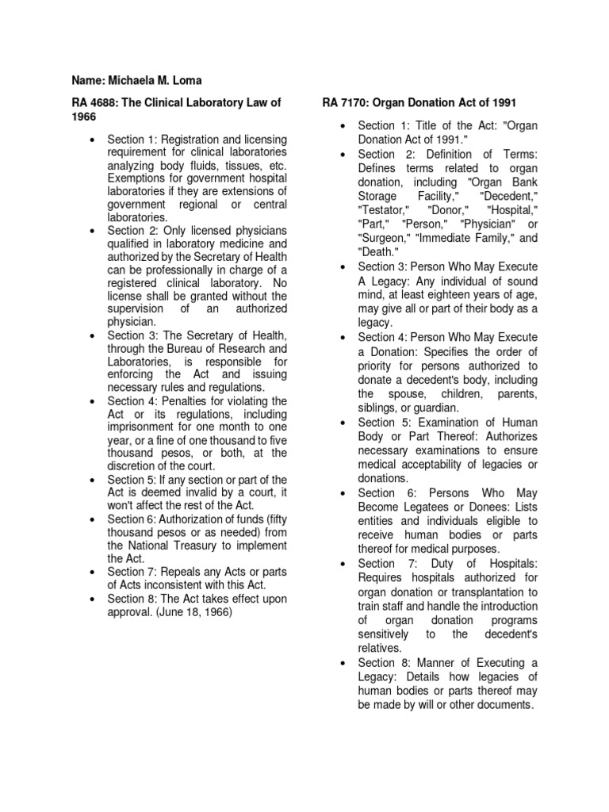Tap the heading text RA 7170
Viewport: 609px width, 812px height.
point(344,102)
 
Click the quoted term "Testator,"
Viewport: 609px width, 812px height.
point(383,210)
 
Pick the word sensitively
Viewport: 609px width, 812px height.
point(383,634)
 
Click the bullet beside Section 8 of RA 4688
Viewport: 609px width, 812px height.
point(94,599)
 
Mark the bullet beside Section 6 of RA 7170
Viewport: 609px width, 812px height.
point(343,493)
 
